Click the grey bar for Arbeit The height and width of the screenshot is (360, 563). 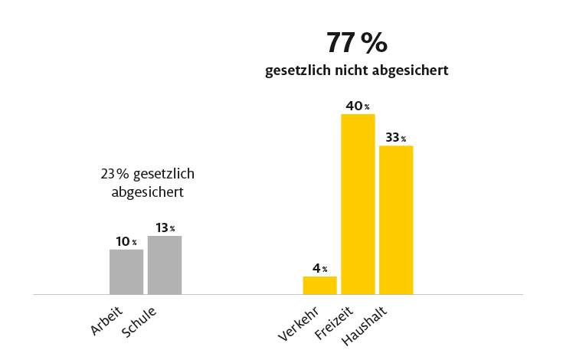[126, 272]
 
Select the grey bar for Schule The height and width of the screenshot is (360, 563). [165, 265]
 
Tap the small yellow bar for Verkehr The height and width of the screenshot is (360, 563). [319, 285]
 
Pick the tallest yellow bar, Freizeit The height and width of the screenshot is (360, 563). [358, 204]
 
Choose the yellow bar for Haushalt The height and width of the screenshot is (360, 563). [396, 220]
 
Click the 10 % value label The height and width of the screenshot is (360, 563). [126, 242]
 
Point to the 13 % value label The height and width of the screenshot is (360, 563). [165, 227]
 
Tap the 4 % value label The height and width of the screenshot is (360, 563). [319, 269]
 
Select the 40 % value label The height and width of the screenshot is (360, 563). [358, 106]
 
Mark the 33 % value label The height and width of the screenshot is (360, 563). [396, 138]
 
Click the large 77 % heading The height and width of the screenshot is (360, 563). [357, 43]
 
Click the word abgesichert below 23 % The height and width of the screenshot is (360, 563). [148, 191]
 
